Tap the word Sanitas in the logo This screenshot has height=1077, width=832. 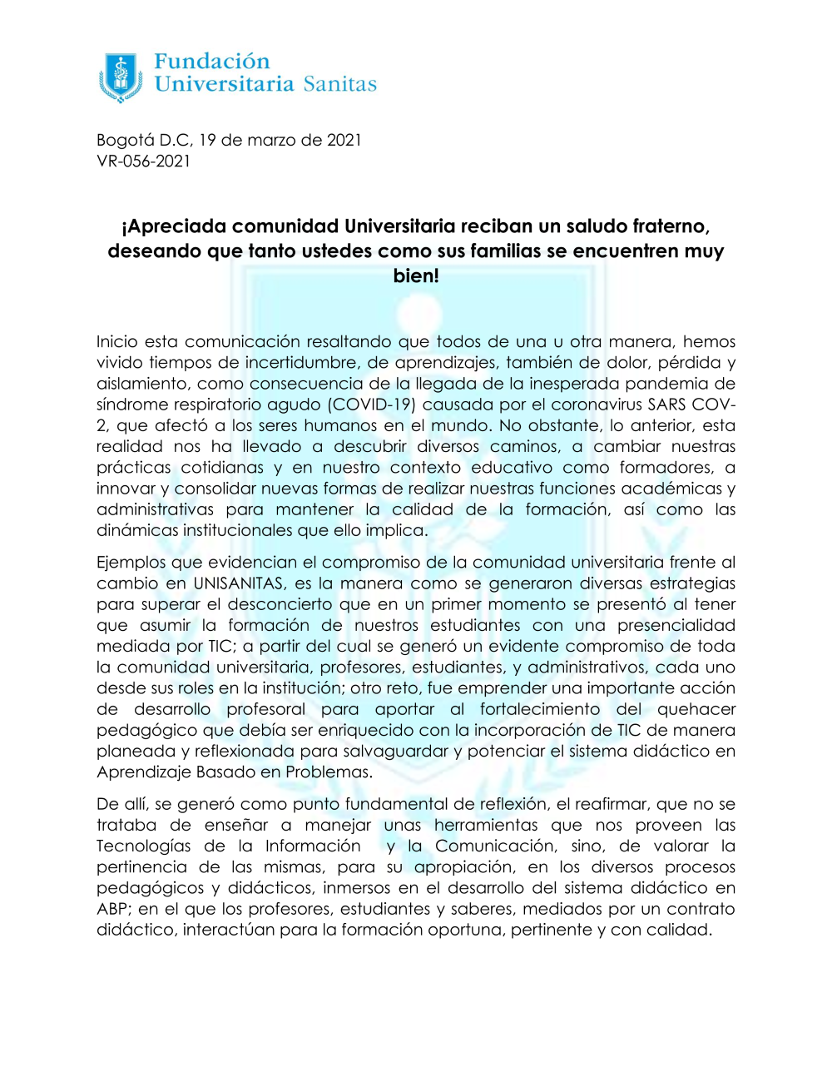click(x=339, y=84)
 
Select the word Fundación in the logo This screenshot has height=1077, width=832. click(x=212, y=62)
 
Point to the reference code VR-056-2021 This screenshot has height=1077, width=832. click(x=143, y=161)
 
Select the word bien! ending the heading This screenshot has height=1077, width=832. click(x=416, y=276)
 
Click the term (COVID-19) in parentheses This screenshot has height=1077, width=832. click(x=371, y=404)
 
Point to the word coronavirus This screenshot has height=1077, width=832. click(x=598, y=404)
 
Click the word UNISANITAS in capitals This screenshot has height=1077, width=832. click(x=238, y=583)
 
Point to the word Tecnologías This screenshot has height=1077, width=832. click(x=143, y=846)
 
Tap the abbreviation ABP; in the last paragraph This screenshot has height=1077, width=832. click(x=113, y=909)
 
